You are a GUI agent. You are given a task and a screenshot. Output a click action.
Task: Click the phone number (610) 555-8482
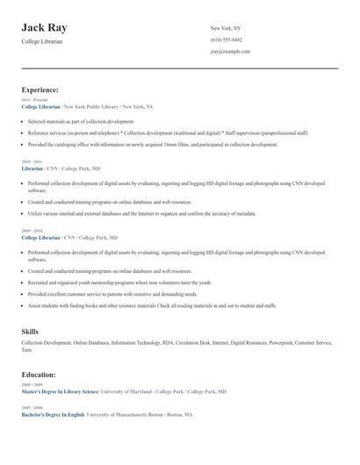pos(227,39)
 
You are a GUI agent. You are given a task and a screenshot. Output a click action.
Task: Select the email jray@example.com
pos(230,51)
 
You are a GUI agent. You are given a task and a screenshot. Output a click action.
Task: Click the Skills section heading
pos(30,331)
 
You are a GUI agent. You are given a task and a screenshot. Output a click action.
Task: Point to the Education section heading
pos(39,375)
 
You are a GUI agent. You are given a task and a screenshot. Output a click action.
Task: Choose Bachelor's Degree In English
pos(53,413)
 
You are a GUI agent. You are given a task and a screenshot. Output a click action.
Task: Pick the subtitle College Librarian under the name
pos(42,41)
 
